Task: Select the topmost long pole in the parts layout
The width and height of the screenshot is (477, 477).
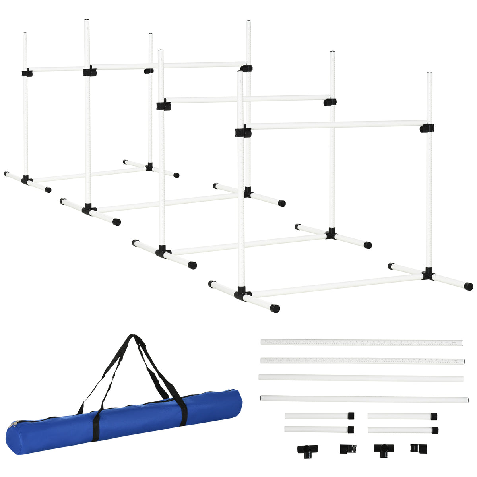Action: coord(362,342)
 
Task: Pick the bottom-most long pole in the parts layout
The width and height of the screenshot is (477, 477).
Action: coord(364,398)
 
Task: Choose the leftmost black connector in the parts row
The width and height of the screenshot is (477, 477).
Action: coord(307,450)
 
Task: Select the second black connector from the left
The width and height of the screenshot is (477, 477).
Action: coord(348,449)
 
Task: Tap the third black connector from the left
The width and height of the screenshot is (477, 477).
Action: coord(383,450)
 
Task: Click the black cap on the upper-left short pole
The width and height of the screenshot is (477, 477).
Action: coord(351,416)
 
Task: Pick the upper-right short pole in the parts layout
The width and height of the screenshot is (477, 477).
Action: coord(401,416)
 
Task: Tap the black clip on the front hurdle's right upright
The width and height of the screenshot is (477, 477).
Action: coord(427,128)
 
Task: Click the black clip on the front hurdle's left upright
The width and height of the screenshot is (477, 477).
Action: coord(242,132)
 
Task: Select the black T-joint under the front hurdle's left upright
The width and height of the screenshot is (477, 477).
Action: coord(242,295)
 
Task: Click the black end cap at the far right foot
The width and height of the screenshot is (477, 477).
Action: coord(469,286)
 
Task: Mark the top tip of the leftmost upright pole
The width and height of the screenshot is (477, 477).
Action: coord(25,33)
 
